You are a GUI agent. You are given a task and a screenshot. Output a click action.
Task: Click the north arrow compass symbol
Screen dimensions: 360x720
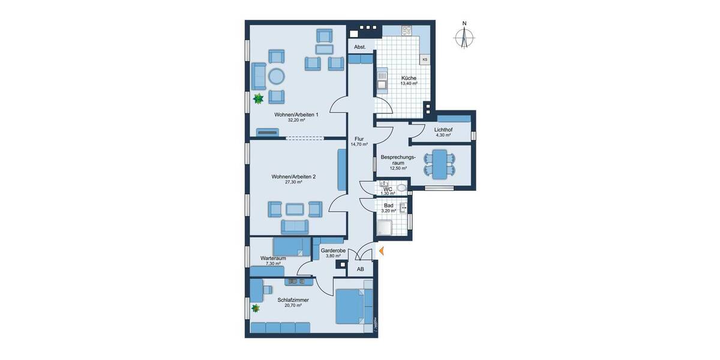tap(464, 36)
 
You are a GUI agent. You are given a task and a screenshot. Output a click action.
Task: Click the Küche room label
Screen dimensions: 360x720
tap(409, 78)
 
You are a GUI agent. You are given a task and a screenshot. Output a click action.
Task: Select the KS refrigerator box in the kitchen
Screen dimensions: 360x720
tap(425, 59)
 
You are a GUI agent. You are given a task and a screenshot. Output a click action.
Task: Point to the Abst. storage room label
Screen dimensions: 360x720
tap(360, 47)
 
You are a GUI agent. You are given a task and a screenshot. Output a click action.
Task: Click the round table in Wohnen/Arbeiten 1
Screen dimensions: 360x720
tap(276, 76)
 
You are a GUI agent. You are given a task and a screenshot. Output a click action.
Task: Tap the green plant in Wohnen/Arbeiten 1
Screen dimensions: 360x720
tap(259, 98)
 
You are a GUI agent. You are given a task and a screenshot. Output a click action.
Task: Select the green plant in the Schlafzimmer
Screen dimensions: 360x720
tap(256, 308)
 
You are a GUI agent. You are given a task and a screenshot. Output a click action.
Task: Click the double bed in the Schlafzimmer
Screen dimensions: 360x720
tap(349, 306)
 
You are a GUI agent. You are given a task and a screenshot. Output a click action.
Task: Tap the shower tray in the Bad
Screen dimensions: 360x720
tap(385, 227)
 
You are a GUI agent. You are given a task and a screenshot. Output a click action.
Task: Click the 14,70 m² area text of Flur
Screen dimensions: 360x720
tap(359, 145)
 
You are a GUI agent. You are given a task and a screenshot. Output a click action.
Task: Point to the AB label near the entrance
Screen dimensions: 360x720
tap(361, 269)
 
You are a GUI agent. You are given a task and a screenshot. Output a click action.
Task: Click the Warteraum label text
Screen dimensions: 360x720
tap(272, 258)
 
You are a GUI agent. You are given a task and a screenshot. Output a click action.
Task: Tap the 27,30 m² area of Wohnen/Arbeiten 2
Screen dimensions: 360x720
tap(293, 182)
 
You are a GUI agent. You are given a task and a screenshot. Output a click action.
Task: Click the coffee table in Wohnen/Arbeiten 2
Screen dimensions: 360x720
tap(294, 209)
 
